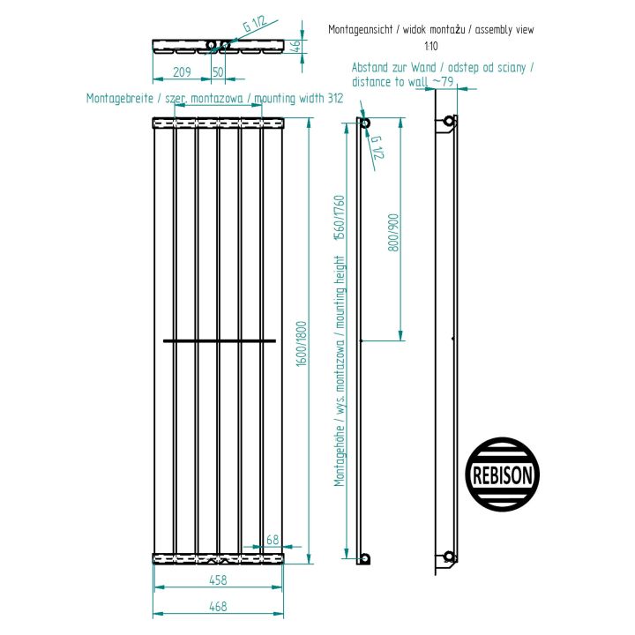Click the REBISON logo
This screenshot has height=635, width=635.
[x=502, y=474]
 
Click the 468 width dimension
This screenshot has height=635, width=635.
[x=218, y=606]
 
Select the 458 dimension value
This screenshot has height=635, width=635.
[x=218, y=580]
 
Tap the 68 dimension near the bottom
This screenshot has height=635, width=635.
[x=273, y=540]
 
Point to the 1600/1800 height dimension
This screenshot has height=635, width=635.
[x=302, y=344]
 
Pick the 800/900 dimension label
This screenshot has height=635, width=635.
[x=393, y=233]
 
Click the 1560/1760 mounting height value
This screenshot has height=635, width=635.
[x=339, y=218]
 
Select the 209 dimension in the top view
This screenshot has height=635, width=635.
[x=182, y=72]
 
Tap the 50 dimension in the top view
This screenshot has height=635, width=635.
[x=218, y=72]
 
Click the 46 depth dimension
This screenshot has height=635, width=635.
[x=296, y=46]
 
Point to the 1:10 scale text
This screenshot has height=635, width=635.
[x=431, y=46]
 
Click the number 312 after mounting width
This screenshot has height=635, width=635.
[x=335, y=98]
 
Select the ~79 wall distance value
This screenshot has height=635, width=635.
[x=443, y=81]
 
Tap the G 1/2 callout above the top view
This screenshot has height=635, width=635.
[x=255, y=24]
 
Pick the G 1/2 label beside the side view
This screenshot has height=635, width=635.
[x=377, y=147]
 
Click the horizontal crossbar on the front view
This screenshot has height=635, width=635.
[x=220, y=341]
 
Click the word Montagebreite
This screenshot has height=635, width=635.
[x=120, y=99]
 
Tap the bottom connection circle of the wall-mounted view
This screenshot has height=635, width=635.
[x=449, y=557]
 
